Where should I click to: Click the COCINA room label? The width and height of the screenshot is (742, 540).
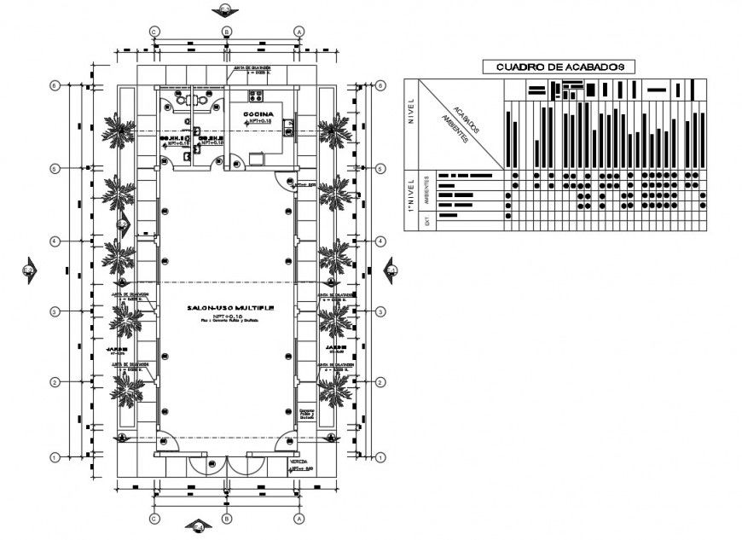[x=258, y=114]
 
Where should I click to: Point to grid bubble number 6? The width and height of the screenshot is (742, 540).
[x=55, y=86]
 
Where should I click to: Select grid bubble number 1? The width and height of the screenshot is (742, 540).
[x=55, y=457]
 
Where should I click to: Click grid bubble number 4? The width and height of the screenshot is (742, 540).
[x=55, y=241]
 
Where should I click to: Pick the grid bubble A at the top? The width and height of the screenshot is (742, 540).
[x=299, y=31]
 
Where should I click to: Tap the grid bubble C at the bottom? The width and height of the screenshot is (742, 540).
[x=154, y=518]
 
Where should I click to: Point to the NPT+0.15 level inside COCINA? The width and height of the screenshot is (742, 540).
[x=258, y=123]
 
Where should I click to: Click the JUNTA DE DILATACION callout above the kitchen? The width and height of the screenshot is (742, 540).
[x=252, y=68]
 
